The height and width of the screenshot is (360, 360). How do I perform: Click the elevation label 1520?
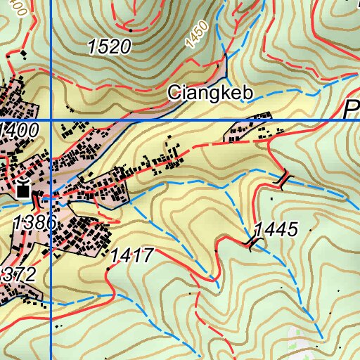[109, 47]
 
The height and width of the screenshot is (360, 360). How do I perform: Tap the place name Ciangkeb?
[200, 93]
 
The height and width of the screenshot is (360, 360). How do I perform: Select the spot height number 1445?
[276, 229]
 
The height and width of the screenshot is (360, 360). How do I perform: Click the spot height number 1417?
[131, 255]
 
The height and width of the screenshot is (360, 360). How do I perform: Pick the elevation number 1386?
[33, 222]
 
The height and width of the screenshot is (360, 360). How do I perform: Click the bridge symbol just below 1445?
[252, 243]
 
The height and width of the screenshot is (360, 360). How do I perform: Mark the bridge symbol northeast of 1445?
[283, 181]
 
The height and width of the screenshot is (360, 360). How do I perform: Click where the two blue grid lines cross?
[51, 120]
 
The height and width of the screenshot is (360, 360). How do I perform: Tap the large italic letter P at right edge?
[352, 110]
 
